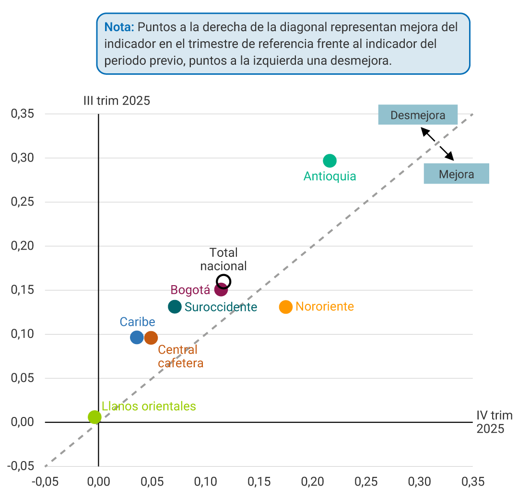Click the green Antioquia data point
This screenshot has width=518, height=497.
pos(330,161)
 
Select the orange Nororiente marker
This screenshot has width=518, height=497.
pos(286,307)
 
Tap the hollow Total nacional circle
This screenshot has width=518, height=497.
pos(224,281)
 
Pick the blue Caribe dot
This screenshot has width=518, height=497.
pos(137,337)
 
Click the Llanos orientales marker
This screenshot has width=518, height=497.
pos(95,417)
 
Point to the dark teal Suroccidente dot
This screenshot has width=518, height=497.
pos(175,307)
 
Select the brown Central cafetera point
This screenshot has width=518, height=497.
pos(151,338)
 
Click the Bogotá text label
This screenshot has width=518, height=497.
pos(190,290)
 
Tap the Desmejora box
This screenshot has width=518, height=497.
pos(417,115)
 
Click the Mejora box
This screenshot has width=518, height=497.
pos(456,174)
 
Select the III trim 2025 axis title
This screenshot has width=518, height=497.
pos(117,101)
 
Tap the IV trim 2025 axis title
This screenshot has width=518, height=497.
pos(494,422)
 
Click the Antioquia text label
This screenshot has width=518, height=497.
pos(330,176)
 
